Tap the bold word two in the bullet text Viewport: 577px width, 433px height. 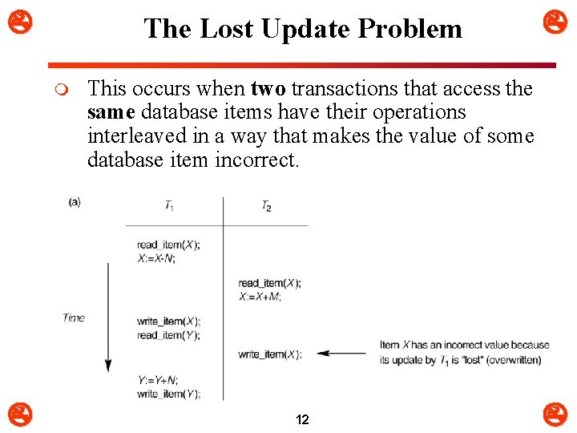tap(268, 88)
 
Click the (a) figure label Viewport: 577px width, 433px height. tap(75, 202)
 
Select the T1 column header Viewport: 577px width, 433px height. tap(170, 206)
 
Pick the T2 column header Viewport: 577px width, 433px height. tap(266, 206)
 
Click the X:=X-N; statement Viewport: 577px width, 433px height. tap(156, 258)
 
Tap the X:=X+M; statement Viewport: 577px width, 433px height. tap(259, 296)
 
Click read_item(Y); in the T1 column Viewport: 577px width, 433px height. tap(168, 335)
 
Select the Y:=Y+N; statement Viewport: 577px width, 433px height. tap(157, 381)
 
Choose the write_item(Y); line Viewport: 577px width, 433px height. tap(168, 394)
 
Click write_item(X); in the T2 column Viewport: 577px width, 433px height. tap(270, 354)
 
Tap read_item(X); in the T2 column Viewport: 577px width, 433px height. tap(270, 283)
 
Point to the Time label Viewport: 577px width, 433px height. tap(74, 318)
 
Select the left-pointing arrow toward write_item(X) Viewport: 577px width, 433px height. tap(341, 353)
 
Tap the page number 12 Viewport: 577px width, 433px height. tap(303, 419)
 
